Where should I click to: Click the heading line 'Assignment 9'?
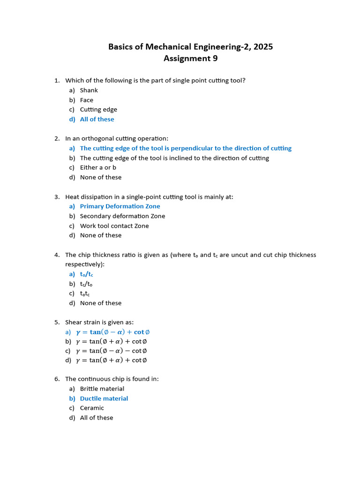coord(190,59)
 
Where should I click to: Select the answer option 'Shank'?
coord(89,90)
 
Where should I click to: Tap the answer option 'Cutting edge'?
coord(98,110)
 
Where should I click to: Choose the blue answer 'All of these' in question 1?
coord(97,120)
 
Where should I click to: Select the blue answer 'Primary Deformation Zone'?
coord(120,206)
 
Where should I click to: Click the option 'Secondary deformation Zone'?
coord(122,216)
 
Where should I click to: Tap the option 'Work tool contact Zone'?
coord(114,226)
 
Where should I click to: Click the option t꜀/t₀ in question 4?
coord(86,284)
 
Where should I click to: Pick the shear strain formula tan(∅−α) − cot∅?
coord(112,351)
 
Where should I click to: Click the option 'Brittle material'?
coord(102,389)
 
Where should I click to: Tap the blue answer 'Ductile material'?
coord(104,399)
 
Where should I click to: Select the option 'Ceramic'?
coord(92,408)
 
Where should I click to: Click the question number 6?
coord(56,379)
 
